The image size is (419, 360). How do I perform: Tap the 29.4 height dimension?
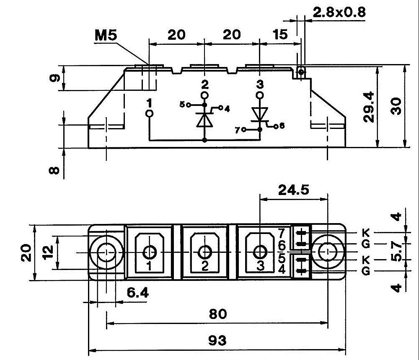[x=369, y=107]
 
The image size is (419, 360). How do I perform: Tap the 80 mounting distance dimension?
[x=217, y=314]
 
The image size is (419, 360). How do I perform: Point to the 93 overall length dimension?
[x=217, y=340]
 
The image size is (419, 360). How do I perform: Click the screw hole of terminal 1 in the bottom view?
[x=150, y=252]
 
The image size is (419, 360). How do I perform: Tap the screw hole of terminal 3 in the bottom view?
[x=261, y=252]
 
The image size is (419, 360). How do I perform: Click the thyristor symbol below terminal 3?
[x=260, y=114]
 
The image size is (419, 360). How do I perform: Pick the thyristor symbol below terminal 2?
[x=204, y=119]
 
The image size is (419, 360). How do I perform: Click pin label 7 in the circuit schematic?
[x=238, y=130]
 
